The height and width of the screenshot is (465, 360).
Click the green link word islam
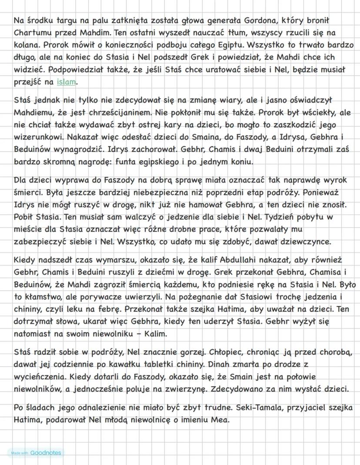[x=66, y=82]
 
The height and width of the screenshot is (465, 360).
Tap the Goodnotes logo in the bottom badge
[x=46, y=453]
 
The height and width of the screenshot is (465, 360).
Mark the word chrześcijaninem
[x=113, y=112]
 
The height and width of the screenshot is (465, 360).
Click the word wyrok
[x=335, y=179]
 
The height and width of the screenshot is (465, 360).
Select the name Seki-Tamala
[x=255, y=408]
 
